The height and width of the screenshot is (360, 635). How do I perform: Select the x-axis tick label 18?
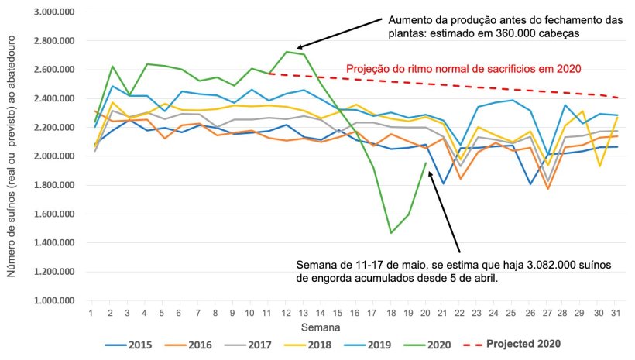coord(391,313)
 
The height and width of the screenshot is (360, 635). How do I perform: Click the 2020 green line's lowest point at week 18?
coord(391,232)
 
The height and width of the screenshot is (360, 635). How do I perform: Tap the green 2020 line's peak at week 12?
coord(287,52)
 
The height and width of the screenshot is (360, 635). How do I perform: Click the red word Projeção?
coord(369,68)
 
